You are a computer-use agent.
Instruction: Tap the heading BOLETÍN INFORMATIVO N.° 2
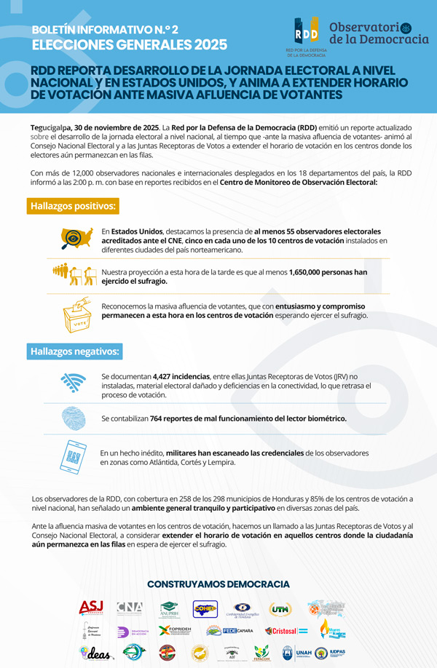[x=105, y=30]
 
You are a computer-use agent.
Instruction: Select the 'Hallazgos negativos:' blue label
[x=74, y=351]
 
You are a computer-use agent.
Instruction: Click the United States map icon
[x=76, y=238]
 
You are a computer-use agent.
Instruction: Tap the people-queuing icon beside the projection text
[x=74, y=275]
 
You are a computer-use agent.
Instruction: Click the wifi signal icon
[x=74, y=382]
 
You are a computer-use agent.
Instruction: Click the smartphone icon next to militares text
[x=73, y=456]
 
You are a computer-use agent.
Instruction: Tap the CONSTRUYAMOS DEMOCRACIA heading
[x=218, y=584]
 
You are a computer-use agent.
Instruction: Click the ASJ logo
[x=92, y=608]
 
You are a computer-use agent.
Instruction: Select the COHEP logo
[x=205, y=609]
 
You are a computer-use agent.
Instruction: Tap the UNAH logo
[x=304, y=653]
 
